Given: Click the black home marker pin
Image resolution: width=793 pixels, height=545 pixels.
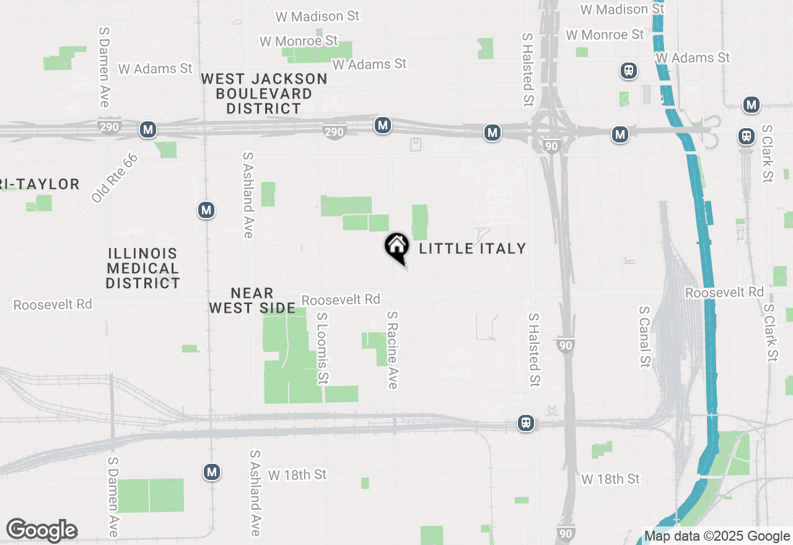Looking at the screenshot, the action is (396, 247).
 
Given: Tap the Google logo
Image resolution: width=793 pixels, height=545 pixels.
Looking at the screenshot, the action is (42, 530).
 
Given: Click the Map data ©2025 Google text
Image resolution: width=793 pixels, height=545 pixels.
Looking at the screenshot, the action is (717, 536).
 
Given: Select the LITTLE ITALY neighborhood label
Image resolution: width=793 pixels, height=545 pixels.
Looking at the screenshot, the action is (473, 249).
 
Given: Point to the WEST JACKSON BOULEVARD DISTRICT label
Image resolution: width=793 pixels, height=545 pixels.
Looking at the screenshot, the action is (264, 94).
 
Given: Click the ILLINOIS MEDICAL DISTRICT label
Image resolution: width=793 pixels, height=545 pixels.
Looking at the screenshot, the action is (142, 268).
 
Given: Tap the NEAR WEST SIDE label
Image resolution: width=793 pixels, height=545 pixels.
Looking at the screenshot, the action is (252, 300).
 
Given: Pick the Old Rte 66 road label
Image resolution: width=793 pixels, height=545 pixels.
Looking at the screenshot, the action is (114, 178).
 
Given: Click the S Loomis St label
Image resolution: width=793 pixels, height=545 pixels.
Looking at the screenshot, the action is (322, 347).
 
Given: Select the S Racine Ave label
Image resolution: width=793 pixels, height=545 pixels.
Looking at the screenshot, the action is (392, 350).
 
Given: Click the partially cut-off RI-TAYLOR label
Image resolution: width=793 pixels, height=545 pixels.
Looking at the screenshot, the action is (40, 184).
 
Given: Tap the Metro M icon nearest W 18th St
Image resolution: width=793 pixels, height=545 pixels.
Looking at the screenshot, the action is (212, 473).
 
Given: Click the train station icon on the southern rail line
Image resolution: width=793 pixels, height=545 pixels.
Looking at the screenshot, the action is (526, 423).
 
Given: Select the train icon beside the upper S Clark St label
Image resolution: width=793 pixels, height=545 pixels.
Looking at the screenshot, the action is (747, 136).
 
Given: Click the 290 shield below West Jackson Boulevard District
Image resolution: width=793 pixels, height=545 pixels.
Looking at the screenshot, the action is (333, 131).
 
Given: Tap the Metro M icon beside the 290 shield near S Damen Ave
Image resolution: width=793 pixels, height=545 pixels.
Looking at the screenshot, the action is (147, 129).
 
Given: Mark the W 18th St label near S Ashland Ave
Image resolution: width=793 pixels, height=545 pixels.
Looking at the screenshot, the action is (297, 475).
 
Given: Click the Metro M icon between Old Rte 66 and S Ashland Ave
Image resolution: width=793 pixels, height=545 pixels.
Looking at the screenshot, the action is (206, 211).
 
